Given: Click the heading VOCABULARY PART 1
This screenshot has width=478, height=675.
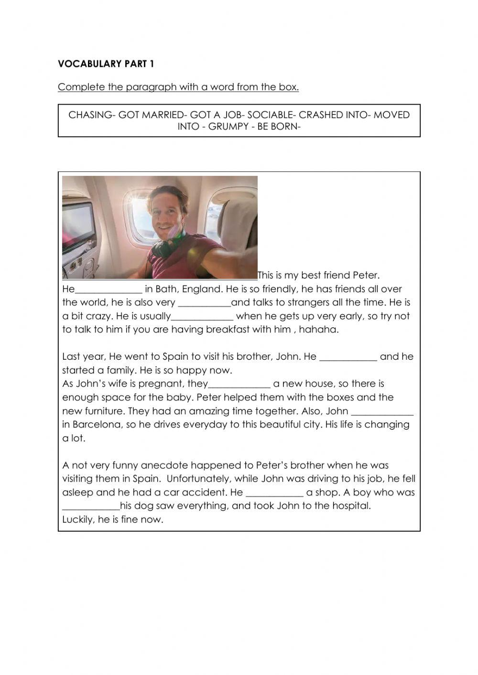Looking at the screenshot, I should click(x=106, y=64).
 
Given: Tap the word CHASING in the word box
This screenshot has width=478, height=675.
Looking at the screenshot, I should click(x=90, y=115).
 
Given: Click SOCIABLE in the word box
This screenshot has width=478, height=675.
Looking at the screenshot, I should click(x=269, y=115).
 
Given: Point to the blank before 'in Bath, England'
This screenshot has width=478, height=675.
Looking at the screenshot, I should click(x=109, y=289).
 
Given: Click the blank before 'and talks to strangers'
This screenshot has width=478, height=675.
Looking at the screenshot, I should click(x=204, y=303).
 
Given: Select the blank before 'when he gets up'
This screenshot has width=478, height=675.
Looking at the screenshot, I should click(x=202, y=317).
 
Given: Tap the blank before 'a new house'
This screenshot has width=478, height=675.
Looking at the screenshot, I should click(x=239, y=384).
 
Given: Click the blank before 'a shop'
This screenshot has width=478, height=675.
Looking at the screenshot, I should click(x=274, y=493).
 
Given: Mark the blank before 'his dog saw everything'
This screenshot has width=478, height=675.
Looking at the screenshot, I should click(x=91, y=506).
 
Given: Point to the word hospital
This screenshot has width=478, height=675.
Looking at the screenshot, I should click(x=350, y=506).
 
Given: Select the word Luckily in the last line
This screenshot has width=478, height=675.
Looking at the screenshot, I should click(x=78, y=520).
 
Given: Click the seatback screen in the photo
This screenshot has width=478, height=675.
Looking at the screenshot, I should click(x=77, y=225).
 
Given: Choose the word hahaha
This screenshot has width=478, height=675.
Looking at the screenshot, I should click(x=319, y=330).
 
